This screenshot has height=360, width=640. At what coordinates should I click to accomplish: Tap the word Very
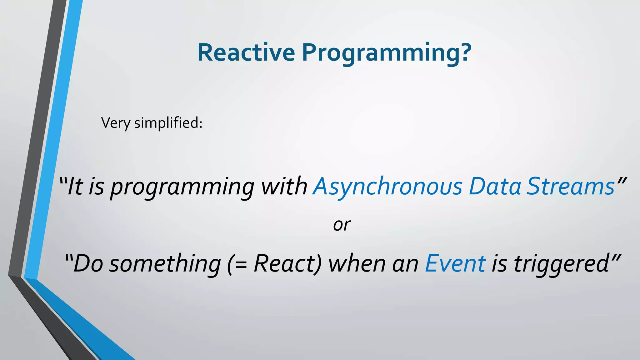point(116,123)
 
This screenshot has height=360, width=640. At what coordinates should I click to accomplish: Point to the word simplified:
point(168,122)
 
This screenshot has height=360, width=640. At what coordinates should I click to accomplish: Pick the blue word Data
point(495,187)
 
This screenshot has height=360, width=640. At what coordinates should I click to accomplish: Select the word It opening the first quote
point(75,187)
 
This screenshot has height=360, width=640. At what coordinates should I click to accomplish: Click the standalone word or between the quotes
point(342,225)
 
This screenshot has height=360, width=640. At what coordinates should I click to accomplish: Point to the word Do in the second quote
point(88,263)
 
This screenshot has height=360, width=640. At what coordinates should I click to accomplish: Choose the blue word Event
point(455,263)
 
